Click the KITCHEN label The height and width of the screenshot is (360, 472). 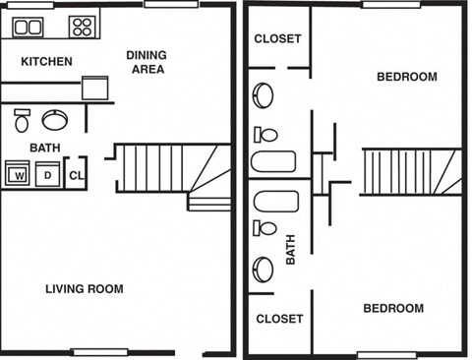tap(47, 62)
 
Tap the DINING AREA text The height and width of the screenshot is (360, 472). tap(146, 62)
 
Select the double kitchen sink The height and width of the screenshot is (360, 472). tap(29, 28)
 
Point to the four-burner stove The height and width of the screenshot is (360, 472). tap(83, 28)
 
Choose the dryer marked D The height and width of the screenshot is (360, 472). tap(45, 175)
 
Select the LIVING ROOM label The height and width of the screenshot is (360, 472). tap(85, 289)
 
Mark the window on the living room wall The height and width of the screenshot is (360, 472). tap(100, 352)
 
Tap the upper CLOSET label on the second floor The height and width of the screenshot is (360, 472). tap(278, 39)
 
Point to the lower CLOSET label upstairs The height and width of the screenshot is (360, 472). tap(279, 319)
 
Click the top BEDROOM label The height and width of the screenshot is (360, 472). tap(406, 77)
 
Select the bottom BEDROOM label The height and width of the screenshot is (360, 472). tap(393, 309)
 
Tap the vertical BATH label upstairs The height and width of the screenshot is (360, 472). tap(291, 249)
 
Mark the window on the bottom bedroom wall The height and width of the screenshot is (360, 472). tap(386, 353)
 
